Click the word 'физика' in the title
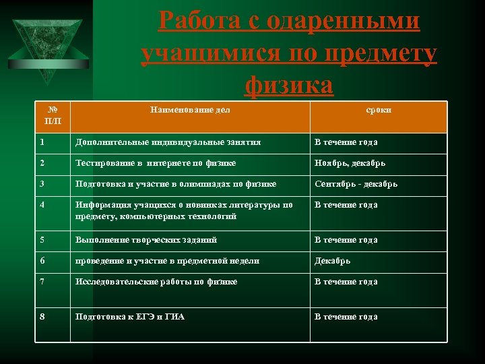(x=290, y=86)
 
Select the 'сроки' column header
(x=378, y=109)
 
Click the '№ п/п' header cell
(x=51, y=115)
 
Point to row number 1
(x=42, y=142)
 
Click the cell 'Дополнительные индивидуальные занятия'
(x=168, y=142)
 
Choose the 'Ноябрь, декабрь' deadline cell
(x=349, y=163)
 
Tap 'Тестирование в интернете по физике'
(x=156, y=163)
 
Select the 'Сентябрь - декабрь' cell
(x=356, y=184)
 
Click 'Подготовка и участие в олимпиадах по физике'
(x=176, y=184)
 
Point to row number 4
(x=42, y=205)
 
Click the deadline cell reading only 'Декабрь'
(x=332, y=261)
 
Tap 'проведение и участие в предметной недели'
(x=167, y=261)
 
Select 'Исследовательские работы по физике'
(x=156, y=282)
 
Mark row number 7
(x=42, y=282)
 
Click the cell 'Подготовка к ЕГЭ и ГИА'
(x=130, y=317)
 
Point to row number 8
(x=42, y=317)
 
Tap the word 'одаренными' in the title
(x=344, y=22)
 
